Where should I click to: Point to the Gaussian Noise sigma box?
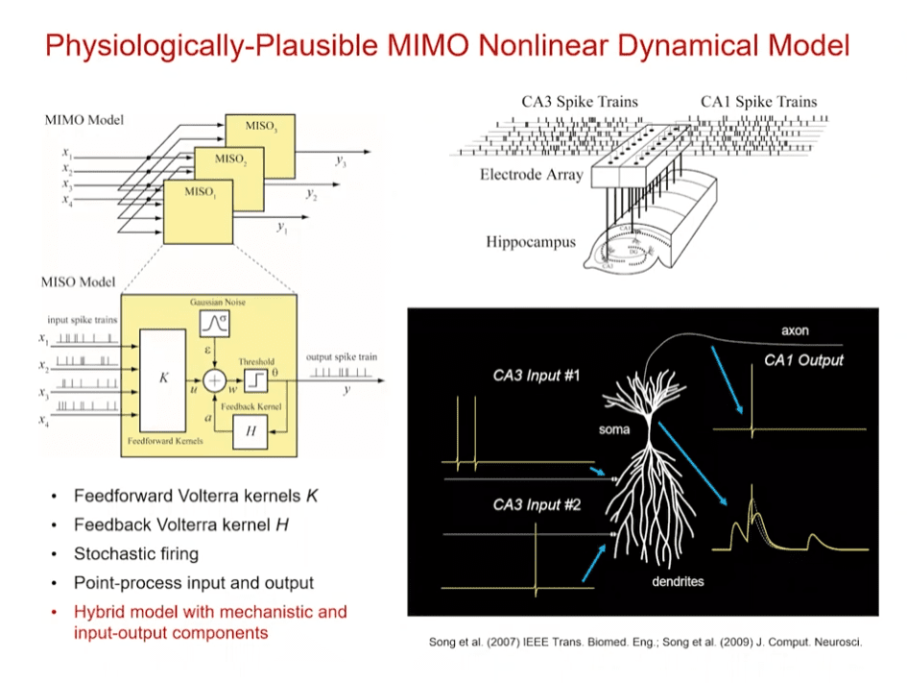click(213, 325)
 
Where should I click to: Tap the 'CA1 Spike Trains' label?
click(758, 101)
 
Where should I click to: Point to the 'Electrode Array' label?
click(531, 175)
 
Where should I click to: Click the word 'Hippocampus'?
click(531, 241)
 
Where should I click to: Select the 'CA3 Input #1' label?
click(537, 376)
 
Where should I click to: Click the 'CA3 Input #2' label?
click(537, 504)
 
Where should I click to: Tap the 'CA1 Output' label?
click(804, 360)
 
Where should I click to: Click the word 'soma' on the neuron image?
click(615, 429)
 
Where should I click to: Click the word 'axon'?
click(795, 330)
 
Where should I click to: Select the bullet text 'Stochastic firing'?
click(136, 553)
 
